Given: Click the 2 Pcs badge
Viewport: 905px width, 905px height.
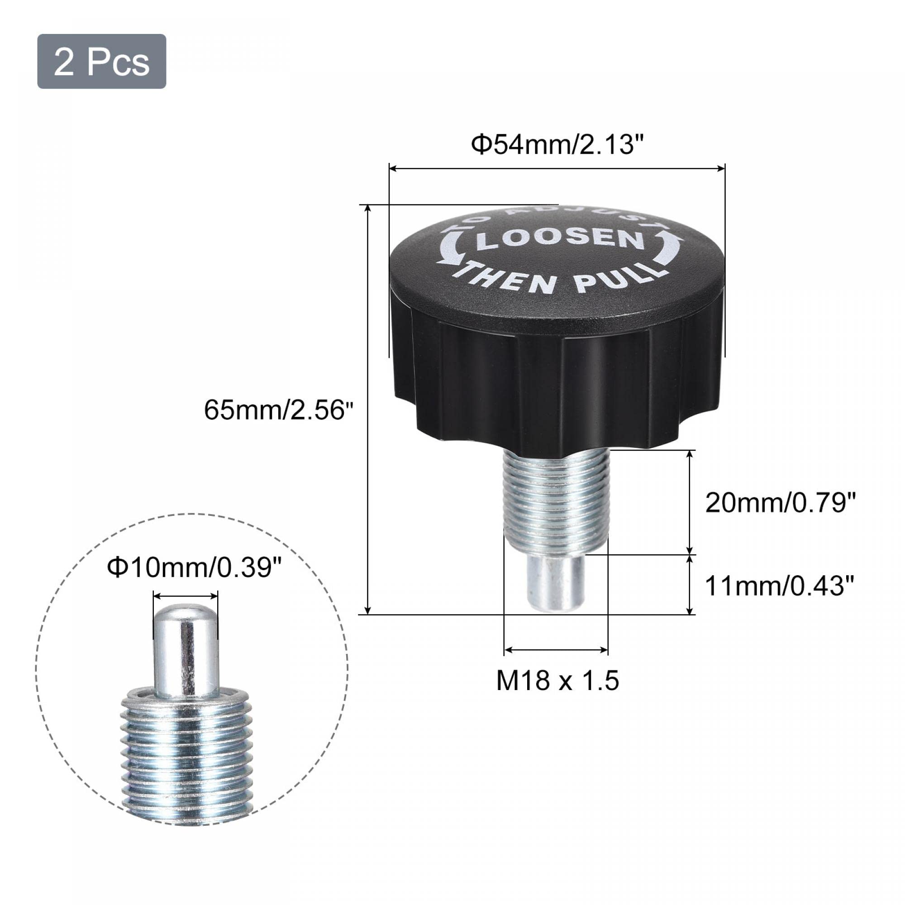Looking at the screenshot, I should click(102, 62).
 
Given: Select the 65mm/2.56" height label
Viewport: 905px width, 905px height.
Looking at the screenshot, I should click(278, 410).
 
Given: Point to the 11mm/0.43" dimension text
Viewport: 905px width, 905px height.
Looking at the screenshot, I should click(780, 586).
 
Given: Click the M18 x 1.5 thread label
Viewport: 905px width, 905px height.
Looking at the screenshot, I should click(557, 681).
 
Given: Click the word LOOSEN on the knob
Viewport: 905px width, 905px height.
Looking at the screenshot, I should click(559, 238).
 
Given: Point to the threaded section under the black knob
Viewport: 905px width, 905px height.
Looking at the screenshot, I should click(556, 501).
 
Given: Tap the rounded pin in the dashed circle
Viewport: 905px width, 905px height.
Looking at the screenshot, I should click(186, 651).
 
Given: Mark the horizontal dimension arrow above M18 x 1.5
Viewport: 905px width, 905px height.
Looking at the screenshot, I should click(556, 650).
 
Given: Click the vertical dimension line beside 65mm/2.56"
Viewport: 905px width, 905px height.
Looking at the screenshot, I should click(368, 410).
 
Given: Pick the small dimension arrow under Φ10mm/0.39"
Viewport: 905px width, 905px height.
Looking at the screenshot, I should click(186, 596).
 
